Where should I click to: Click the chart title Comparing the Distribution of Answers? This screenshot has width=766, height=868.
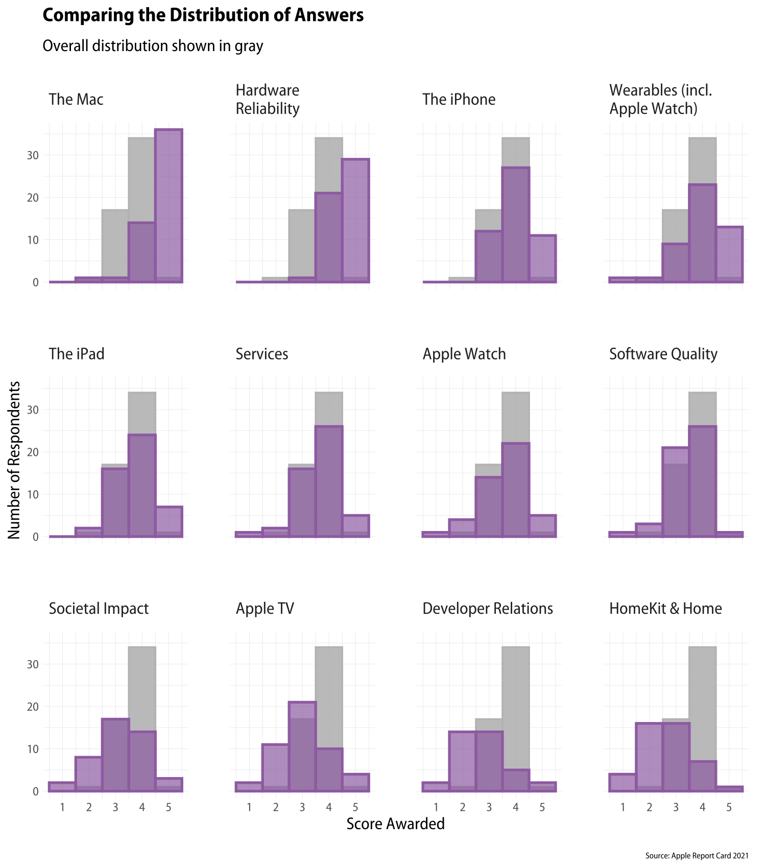[203, 15]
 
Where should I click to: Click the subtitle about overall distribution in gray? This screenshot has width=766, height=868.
[153, 46]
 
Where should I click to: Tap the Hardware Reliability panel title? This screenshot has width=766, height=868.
[268, 100]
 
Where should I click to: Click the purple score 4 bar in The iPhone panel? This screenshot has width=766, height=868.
[515, 225]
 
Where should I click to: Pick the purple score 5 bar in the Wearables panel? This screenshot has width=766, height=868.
[729, 254]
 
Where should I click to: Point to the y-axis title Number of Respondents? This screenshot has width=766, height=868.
[14, 460]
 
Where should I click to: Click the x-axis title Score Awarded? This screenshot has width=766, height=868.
[395, 824]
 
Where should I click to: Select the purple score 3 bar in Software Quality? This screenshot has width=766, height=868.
[675, 492]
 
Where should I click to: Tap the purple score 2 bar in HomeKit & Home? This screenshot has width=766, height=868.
[649, 757]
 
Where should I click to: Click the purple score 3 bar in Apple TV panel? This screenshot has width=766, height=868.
[302, 746]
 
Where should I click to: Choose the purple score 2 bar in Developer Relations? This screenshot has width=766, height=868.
[462, 761]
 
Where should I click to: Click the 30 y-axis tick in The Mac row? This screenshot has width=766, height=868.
[33, 155]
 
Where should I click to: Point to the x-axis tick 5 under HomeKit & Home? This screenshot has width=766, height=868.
[729, 807]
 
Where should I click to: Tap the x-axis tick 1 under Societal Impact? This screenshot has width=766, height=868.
[62, 807]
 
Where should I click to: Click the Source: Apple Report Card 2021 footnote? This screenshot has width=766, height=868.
[697, 856]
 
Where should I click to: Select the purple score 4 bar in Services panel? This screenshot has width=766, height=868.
[329, 481]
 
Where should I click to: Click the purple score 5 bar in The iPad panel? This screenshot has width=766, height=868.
[169, 522]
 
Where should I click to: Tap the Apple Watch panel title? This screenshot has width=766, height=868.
[464, 354]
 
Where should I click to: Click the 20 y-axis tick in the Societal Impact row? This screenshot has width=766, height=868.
[33, 707]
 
